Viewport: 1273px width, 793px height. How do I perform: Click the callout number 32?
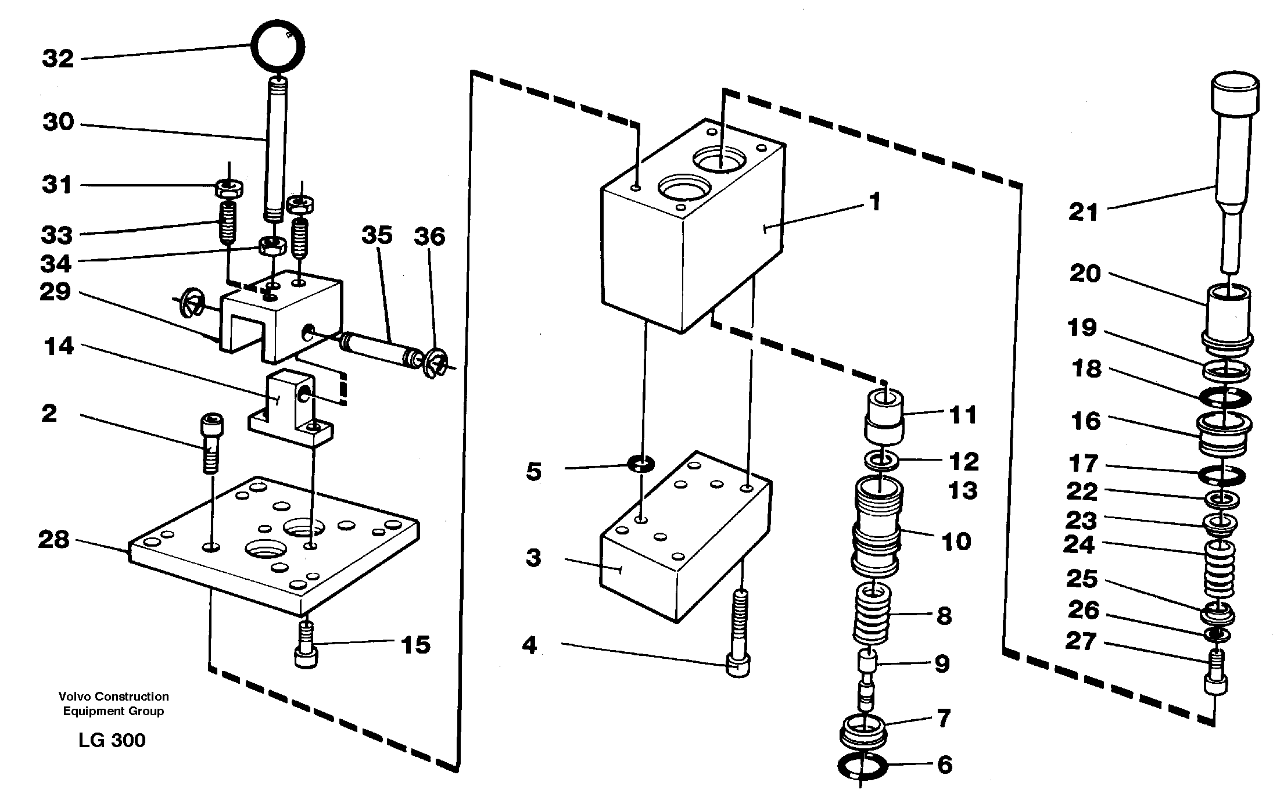pos(58,59)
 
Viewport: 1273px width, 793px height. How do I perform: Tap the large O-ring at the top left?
pos(278,46)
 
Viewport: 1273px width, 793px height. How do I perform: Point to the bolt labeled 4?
pos(738,639)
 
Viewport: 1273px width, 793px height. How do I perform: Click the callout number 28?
pos(53,540)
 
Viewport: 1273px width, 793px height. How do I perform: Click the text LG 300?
pos(112,740)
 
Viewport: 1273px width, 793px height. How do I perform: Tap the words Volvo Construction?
pos(113,696)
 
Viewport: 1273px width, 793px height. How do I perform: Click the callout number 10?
pos(956,541)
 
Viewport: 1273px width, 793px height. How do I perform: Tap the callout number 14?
pos(59,346)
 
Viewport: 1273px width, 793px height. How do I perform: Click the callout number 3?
pos(533,558)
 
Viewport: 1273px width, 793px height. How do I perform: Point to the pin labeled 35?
pos(378,351)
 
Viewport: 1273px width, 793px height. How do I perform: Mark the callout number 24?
pos(1079,545)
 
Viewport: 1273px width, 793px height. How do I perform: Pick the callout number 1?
pos(875,202)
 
